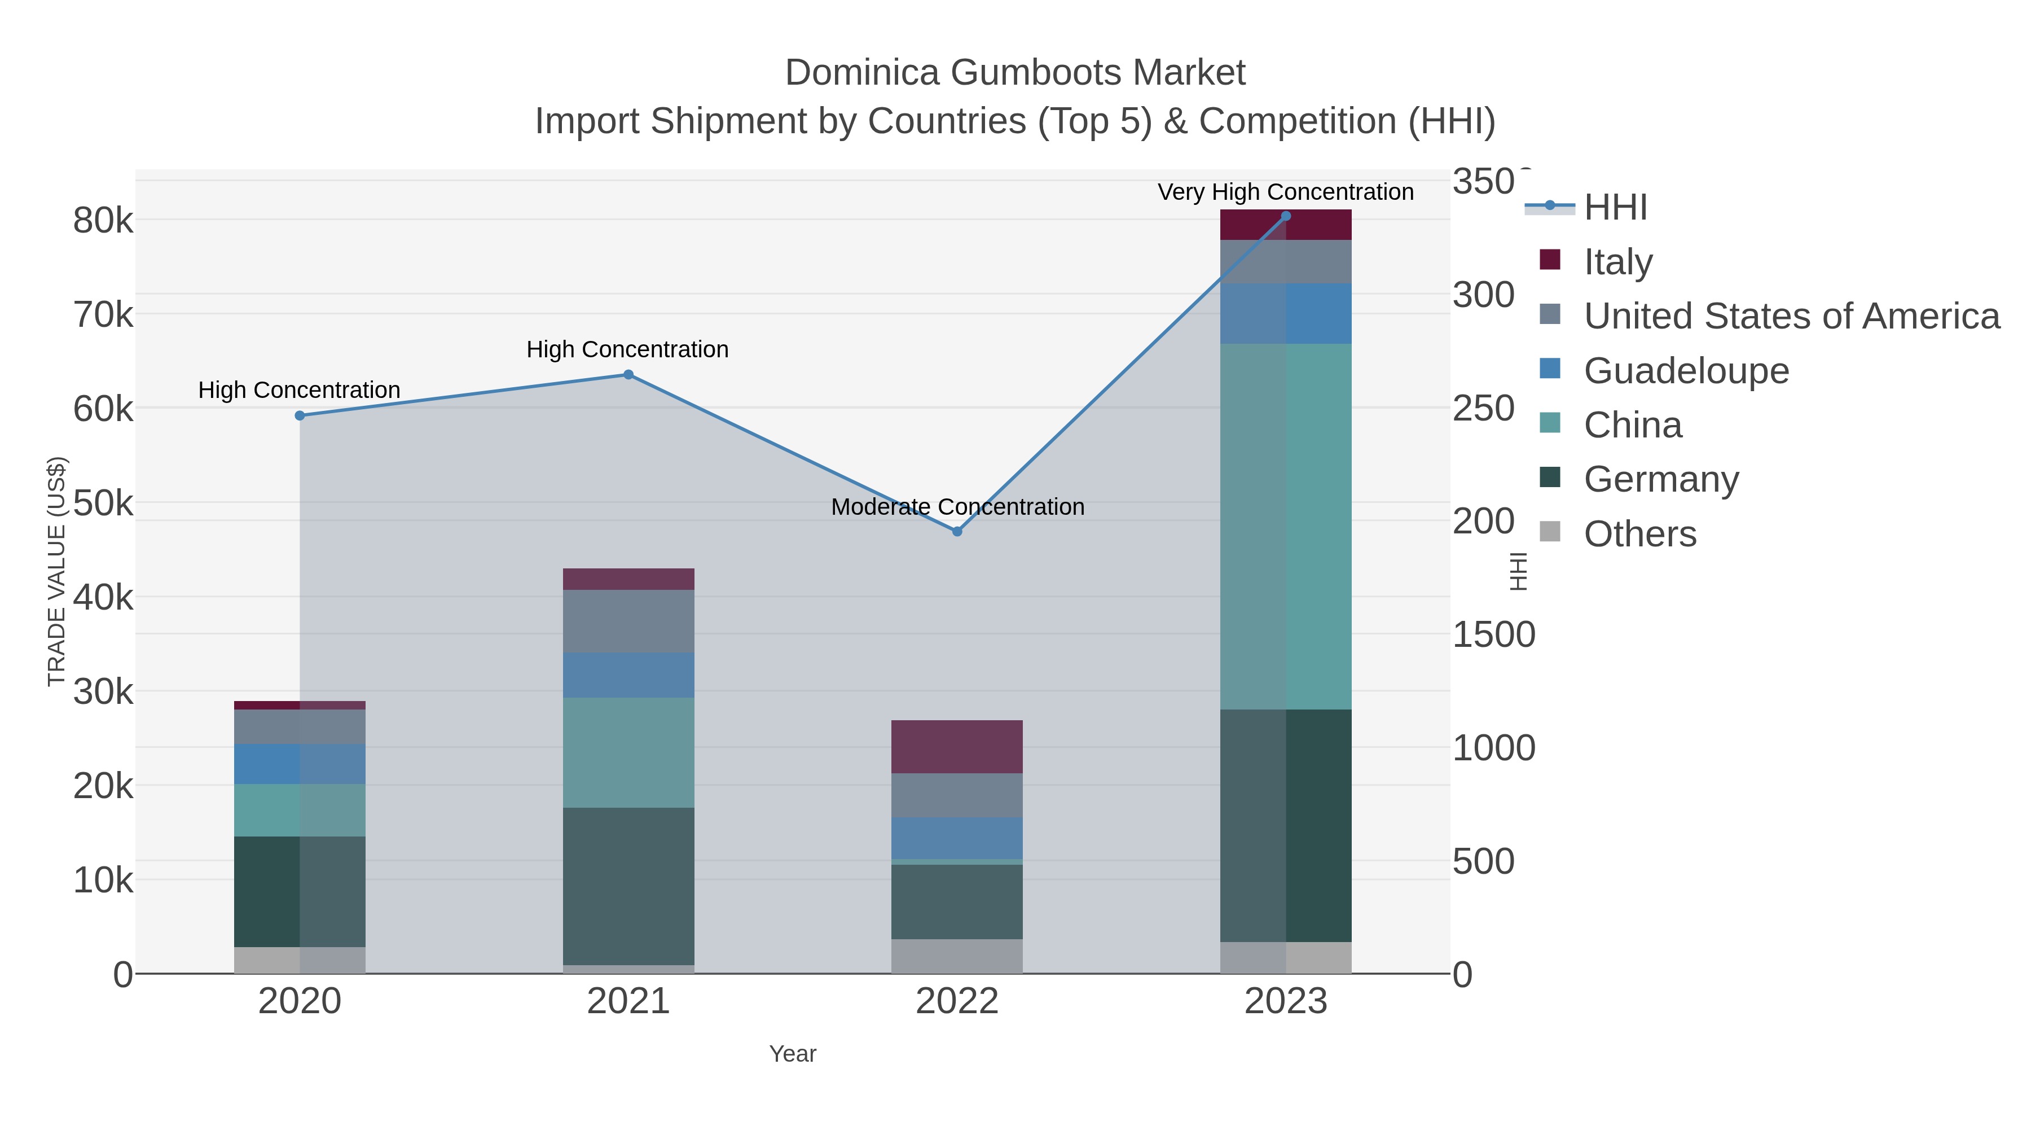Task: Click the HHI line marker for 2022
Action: point(957,532)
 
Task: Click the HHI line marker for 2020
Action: point(300,415)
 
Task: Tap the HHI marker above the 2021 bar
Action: point(628,375)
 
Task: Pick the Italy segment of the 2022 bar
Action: point(957,746)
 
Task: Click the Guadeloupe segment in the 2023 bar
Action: point(1286,313)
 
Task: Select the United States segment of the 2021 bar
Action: point(628,621)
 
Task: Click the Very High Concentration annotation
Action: point(1285,192)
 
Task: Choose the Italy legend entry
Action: point(1618,261)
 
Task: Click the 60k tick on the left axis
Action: point(103,409)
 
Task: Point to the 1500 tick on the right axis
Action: point(1493,634)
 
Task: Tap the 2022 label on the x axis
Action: point(957,1002)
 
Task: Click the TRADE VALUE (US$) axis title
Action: point(57,571)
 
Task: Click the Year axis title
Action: point(793,1054)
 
